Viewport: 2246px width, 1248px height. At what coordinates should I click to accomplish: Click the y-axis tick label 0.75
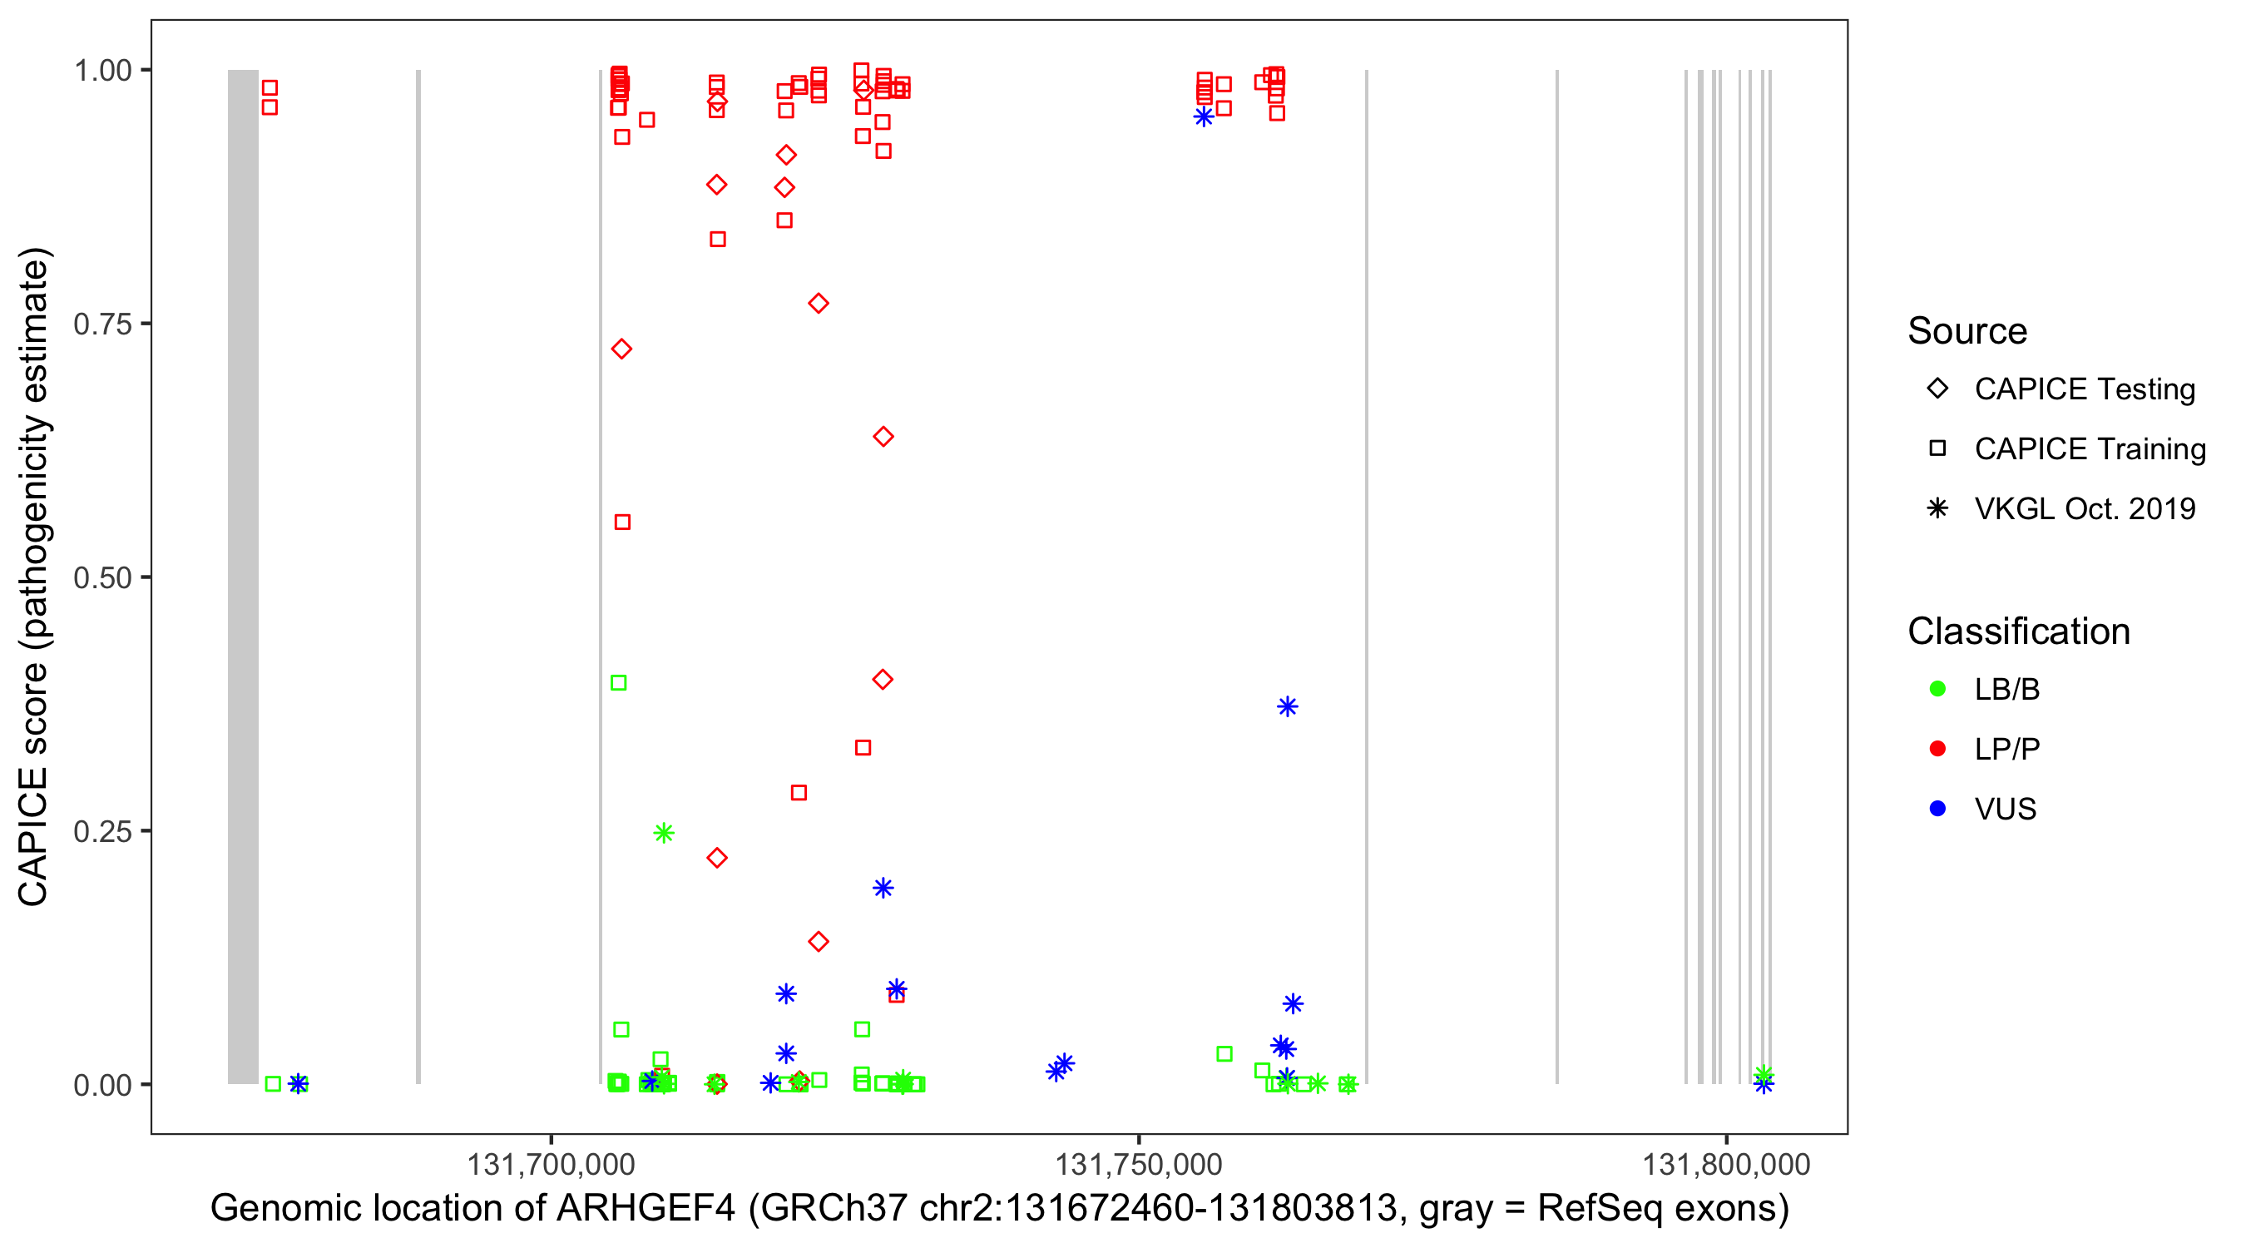(x=101, y=324)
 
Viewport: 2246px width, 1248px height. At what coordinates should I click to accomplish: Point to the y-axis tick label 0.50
(x=101, y=577)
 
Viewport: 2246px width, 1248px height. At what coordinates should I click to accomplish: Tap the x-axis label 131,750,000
(x=1139, y=1164)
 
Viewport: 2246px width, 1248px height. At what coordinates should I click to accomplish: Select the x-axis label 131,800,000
(x=1726, y=1164)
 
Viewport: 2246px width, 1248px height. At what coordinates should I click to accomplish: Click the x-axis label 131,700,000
(x=551, y=1164)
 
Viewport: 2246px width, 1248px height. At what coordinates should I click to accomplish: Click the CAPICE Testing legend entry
(x=2084, y=389)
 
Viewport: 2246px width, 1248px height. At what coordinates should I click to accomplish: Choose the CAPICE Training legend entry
(x=2089, y=449)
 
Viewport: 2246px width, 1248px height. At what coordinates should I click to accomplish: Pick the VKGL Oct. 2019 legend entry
(x=2084, y=508)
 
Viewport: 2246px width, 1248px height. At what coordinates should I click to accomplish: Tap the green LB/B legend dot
(x=1937, y=689)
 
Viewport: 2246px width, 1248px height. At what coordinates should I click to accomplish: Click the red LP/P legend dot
(x=1937, y=749)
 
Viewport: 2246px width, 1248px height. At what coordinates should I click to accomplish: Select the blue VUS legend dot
(x=1937, y=809)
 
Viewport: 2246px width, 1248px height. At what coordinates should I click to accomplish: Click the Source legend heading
(x=1967, y=331)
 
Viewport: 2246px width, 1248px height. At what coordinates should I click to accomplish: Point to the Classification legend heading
(x=2018, y=631)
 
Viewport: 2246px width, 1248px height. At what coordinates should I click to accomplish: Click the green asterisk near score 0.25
(x=664, y=833)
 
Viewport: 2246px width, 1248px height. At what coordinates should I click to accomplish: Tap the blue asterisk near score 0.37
(x=1288, y=706)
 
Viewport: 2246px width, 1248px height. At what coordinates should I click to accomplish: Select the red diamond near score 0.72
(x=621, y=349)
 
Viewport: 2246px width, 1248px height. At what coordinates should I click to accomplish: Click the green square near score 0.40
(x=618, y=683)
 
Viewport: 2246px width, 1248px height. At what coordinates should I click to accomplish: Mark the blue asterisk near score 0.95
(x=1204, y=116)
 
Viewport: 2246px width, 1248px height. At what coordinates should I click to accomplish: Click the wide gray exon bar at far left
(x=243, y=576)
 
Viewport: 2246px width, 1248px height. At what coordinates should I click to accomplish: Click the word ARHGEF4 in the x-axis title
(x=646, y=1209)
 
